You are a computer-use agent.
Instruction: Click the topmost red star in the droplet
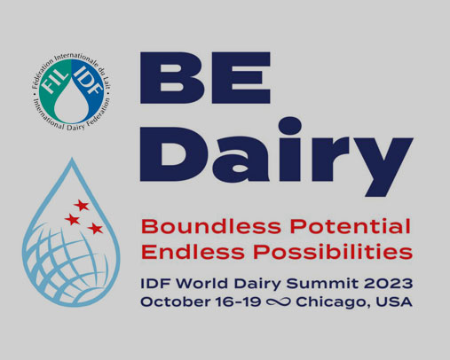pos(82,206)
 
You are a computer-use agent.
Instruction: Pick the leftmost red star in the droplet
pos(72,219)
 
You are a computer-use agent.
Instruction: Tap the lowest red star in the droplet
pos(95,229)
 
